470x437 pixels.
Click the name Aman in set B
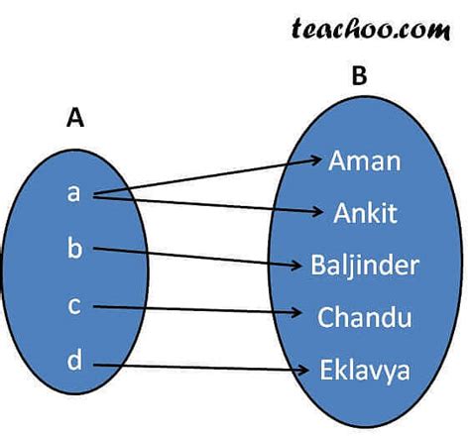(364, 161)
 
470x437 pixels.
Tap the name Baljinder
(365, 266)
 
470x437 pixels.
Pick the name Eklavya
(364, 372)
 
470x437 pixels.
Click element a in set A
(73, 193)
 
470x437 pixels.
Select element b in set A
(74, 248)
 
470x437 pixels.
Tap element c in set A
(73, 306)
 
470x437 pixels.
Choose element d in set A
(74, 361)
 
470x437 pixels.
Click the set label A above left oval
(73, 119)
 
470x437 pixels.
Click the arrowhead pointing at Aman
(315, 159)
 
